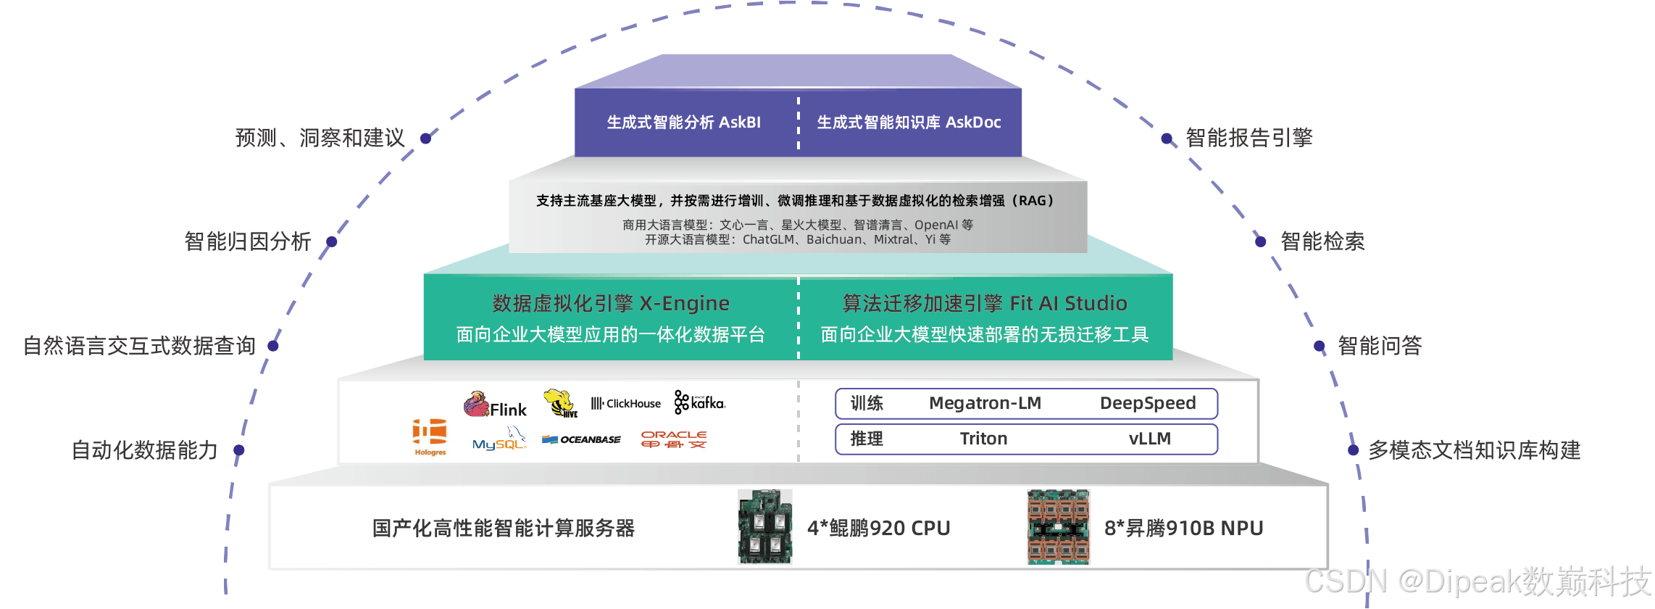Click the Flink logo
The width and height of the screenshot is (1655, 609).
(x=496, y=405)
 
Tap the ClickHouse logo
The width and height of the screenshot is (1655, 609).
(x=626, y=404)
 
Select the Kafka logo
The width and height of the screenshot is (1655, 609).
(x=699, y=402)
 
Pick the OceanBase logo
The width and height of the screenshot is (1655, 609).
(x=582, y=439)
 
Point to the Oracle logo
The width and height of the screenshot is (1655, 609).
(x=674, y=439)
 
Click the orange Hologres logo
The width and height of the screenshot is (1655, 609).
(x=430, y=436)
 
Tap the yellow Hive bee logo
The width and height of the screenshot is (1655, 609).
(x=560, y=403)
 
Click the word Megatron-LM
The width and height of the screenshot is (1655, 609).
(x=985, y=403)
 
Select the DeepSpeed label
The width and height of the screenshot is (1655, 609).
(x=1148, y=403)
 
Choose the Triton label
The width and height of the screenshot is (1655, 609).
(x=983, y=439)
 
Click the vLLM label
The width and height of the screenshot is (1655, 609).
(x=1149, y=439)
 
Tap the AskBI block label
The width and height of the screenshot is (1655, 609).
(x=683, y=123)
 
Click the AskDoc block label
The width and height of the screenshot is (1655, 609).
(x=909, y=123)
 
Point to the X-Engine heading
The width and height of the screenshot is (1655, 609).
(x=611, y=303)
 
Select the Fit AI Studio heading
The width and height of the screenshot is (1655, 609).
(x=985, y=303)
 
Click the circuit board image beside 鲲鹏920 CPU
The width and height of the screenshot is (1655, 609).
(x=765, y=527)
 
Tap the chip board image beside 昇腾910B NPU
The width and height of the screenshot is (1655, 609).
(x=1059, y=527)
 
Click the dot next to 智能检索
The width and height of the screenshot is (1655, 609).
(x=1261, y=241)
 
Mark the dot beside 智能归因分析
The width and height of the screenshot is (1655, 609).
(x=331, y=241)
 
